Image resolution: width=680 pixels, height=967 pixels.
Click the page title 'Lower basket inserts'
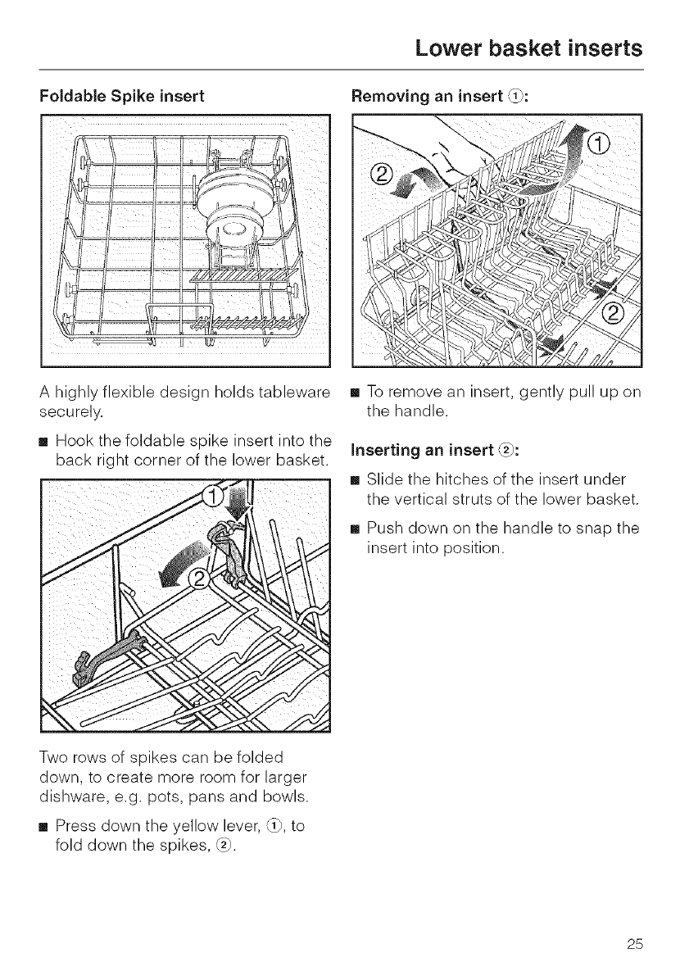tap(528, 48)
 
